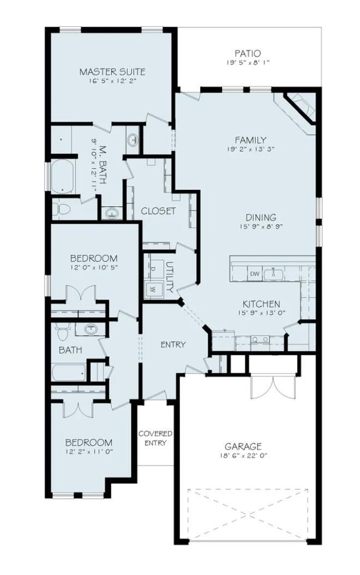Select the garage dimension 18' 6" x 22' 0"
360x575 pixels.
(244, 455)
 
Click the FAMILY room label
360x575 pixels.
(250, 140)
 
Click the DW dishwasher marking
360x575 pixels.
(254, 273)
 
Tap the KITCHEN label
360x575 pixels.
(261, 304)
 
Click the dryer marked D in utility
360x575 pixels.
(153, 268)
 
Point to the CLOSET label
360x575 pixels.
(158, 211)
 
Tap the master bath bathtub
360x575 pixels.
(64, 177)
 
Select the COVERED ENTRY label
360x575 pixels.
(155, 438)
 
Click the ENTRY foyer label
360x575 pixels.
(173, 345)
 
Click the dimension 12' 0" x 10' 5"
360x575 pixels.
(94, 267)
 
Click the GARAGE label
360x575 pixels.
(244, 446)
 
